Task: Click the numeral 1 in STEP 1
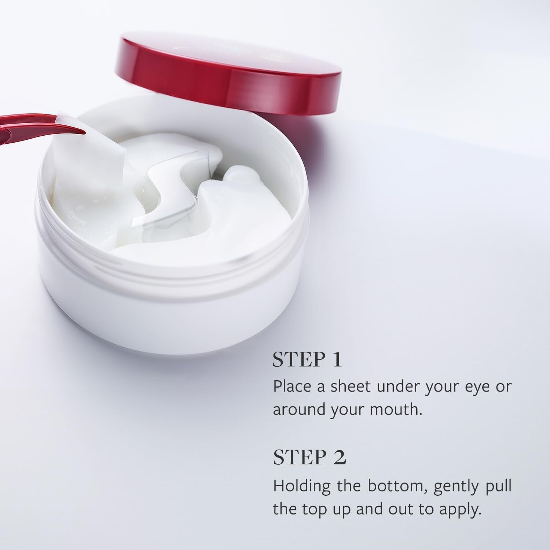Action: click(336, 360)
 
